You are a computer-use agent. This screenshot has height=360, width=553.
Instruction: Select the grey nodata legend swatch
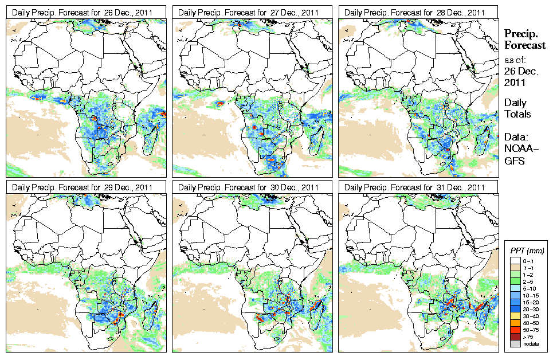point(513,343)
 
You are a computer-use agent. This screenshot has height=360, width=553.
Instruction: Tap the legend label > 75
point(528,337)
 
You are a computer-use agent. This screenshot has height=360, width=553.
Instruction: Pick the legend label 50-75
point(530,330)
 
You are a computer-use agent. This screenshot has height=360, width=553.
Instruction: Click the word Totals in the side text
point(517,114)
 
